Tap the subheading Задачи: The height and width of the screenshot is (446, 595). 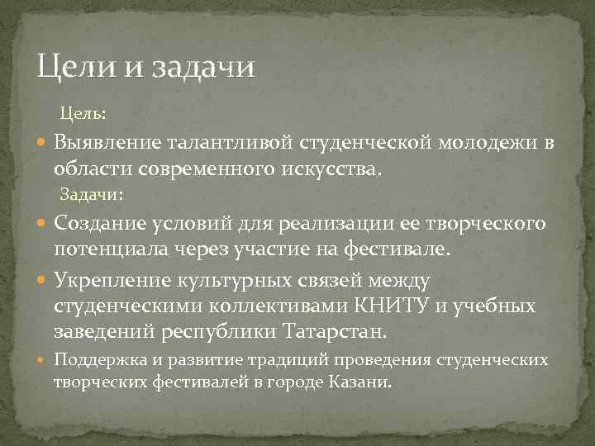91,194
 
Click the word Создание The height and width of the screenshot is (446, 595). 98,224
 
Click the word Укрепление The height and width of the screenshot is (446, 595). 109,281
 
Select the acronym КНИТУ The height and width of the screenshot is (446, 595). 390,306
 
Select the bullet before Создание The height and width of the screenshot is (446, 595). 43,224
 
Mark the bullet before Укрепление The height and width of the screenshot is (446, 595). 43,281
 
